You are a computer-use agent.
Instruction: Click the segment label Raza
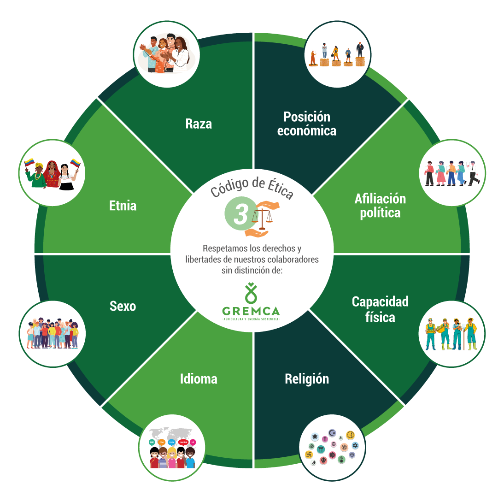coord(199,124)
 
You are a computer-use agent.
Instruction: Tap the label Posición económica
coord(306,123)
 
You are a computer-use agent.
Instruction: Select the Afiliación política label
coord(380,206)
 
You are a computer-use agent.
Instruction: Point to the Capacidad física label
coord(380,309)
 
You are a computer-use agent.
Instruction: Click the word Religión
coord(307,379)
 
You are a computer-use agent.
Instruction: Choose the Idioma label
coord(199,379)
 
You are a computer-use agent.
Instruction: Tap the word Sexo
coord(123,306)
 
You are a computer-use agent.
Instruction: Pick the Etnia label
coord(123,205)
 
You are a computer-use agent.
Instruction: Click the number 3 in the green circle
coord(240,215)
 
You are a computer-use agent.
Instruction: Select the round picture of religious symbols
coord(333,447)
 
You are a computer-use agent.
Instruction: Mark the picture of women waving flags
coord(52,172)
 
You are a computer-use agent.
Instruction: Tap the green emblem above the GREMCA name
coord(251,292)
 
